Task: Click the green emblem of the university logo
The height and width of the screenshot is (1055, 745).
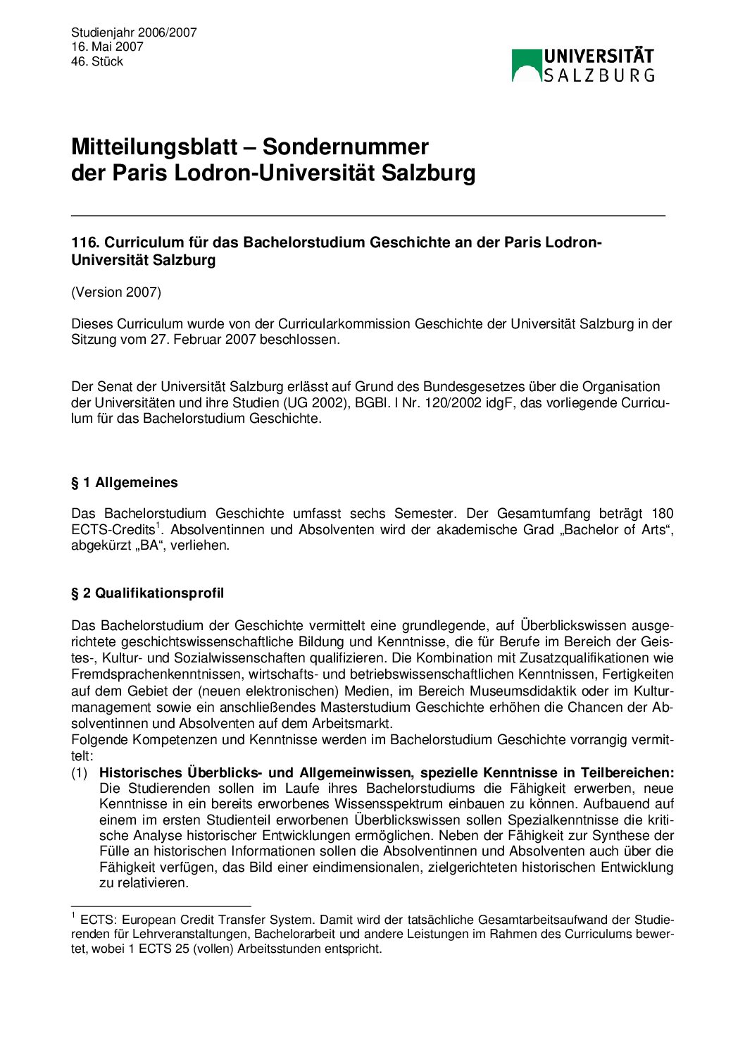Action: (x=526, y=65)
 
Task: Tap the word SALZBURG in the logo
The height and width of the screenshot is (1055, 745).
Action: (x=599, y=75)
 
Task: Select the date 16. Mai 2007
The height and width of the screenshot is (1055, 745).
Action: (x=107, y=47)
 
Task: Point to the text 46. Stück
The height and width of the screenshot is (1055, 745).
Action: (x=97, y=61)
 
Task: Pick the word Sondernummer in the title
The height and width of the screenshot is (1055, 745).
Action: (x=345, y=147)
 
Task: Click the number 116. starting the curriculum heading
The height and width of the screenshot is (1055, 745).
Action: (x=85, y=242)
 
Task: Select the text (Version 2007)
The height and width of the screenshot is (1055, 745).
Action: (x=116, y=292)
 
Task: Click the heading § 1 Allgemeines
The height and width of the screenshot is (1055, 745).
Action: (x=125, y=483)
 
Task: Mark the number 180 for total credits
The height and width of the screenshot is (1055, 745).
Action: (x=662, y=514)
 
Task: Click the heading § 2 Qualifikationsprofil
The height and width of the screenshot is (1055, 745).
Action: (x=148, y=593)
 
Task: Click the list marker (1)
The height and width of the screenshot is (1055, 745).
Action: (x=80, y=773)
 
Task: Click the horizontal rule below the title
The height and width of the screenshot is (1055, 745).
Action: (x=368, y=214)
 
